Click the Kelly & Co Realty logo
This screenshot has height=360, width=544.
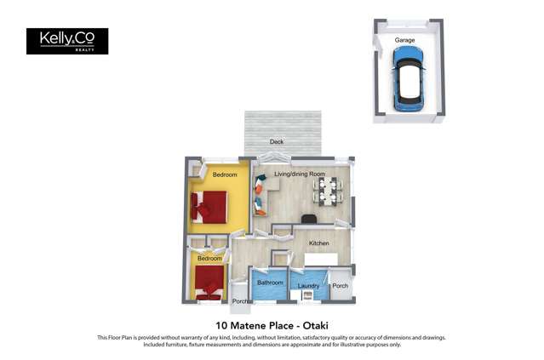(67, 41)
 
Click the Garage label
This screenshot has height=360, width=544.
(404, 40)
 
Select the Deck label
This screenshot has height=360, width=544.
(277, 142)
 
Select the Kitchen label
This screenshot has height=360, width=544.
(318, 243)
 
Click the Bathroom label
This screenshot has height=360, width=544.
(270, 283)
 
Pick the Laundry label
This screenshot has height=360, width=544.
(307, 286)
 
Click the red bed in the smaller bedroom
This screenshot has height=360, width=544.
(208, 283)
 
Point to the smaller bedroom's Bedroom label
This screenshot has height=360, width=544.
(209, 259)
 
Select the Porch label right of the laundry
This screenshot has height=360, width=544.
(340, 286)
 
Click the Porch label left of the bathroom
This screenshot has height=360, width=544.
(240, 300)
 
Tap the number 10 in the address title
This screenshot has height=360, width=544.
(221, 325)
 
